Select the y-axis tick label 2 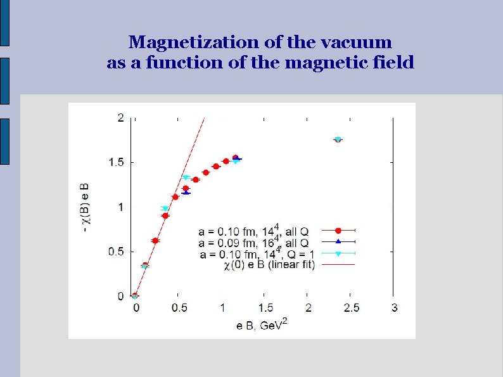tap(120, 117)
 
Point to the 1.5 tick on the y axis tap(117, 162)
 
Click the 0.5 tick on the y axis tap(117, 252)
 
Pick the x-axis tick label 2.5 tap(351, 308)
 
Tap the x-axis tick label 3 tap(395, 308)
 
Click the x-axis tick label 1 tap(222, 308)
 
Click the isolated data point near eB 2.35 tap(338, 139)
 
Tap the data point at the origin tap(135, 296)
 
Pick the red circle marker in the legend tap(338, 230)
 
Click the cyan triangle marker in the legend tap(338, 253)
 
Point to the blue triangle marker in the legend tap(338, 241)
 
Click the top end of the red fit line tap(204, 118)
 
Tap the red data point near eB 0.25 tap(155, 241)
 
